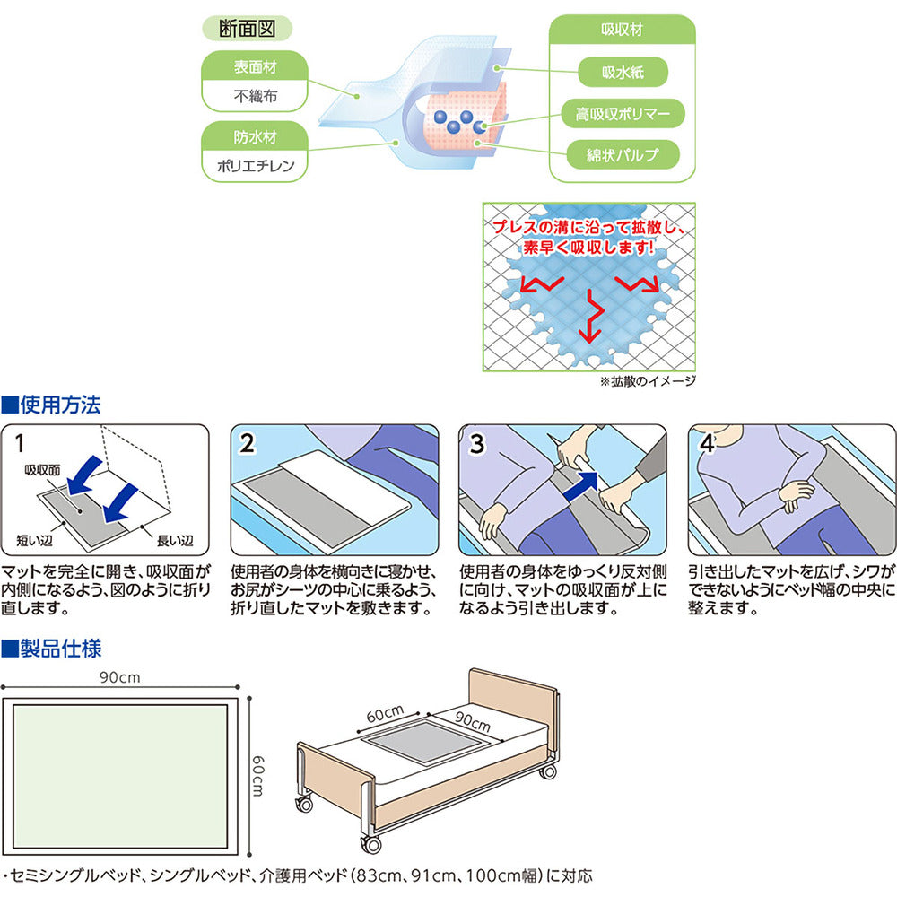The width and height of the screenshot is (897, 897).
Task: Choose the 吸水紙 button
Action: tap(622, 72)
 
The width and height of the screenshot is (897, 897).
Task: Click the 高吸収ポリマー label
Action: tap(622, 113)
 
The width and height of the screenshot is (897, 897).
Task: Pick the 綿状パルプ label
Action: tap(622, 154)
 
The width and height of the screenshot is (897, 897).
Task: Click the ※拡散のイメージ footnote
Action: tap(647, 380)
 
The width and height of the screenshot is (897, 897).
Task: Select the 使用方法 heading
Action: tap(58, 405)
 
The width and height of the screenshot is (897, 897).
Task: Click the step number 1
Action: tap(21, 443)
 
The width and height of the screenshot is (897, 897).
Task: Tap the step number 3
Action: tap(477, 443)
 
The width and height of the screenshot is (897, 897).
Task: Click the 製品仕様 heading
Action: tap(58, 647)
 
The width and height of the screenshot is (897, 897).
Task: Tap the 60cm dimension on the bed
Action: tap(384, 715)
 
